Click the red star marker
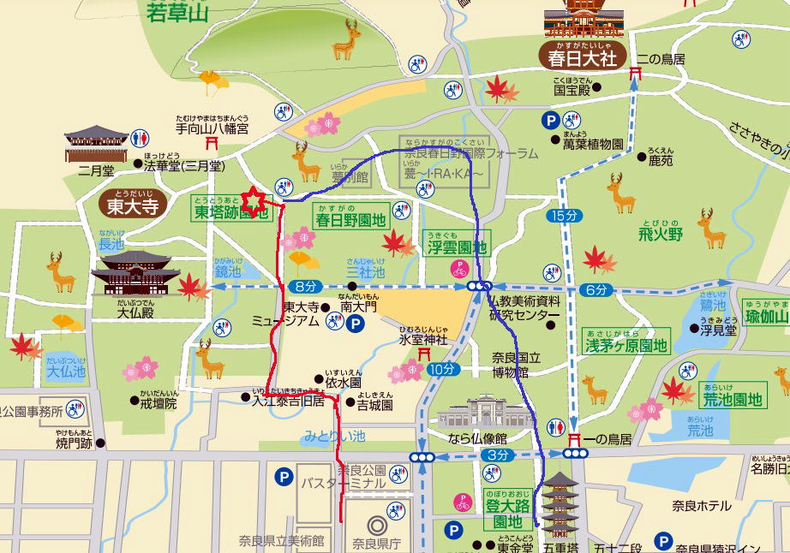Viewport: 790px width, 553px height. point(254,202)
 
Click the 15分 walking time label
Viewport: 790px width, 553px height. point(565,216)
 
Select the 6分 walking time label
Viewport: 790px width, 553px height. point(596,290)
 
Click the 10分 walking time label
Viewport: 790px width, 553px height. point(442,369)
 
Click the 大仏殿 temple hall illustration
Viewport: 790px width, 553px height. point(135,276)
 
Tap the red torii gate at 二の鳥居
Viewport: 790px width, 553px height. point(635,74)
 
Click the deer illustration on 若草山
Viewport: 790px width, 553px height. point(346,39)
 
